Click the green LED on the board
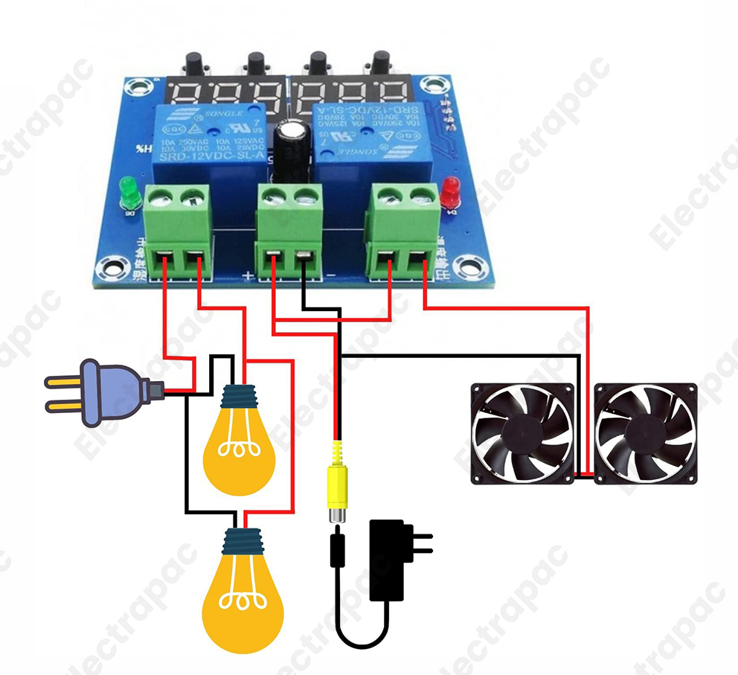(129, 191)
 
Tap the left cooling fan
(522, 433)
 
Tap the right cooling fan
(645, 433)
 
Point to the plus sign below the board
(248, 276)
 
